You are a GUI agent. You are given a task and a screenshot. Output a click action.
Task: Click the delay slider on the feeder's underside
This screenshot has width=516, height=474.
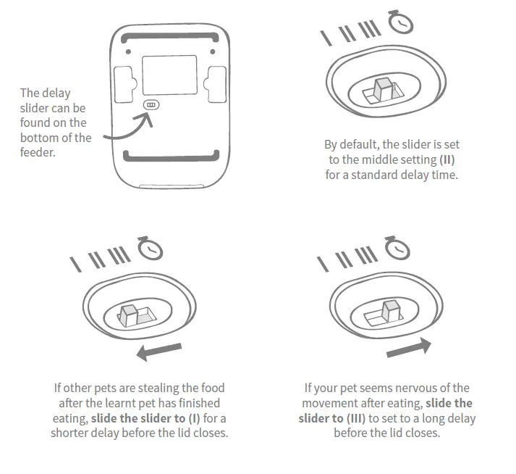151,105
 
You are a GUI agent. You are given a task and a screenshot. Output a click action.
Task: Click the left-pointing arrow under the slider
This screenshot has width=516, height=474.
160,352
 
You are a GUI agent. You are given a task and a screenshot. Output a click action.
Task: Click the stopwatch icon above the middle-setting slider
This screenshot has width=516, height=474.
401,22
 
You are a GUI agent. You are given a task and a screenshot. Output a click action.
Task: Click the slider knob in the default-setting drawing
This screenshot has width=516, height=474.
382,88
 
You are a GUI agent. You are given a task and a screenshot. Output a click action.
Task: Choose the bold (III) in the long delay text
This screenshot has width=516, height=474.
354,418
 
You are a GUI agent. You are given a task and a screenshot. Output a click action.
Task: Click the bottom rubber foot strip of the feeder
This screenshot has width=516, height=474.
170,154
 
